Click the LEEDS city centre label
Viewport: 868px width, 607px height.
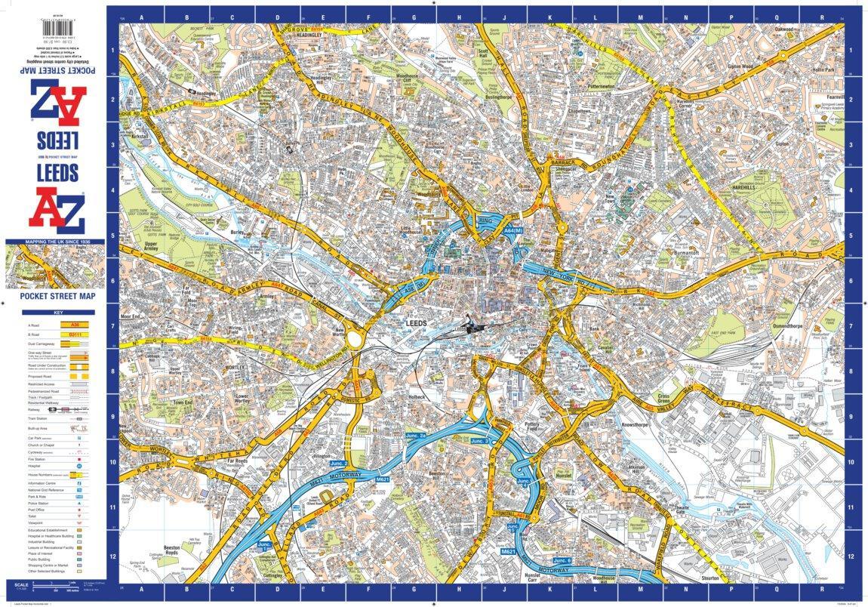tap(417, 322)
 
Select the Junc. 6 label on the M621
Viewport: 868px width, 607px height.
tap(562, 561)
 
